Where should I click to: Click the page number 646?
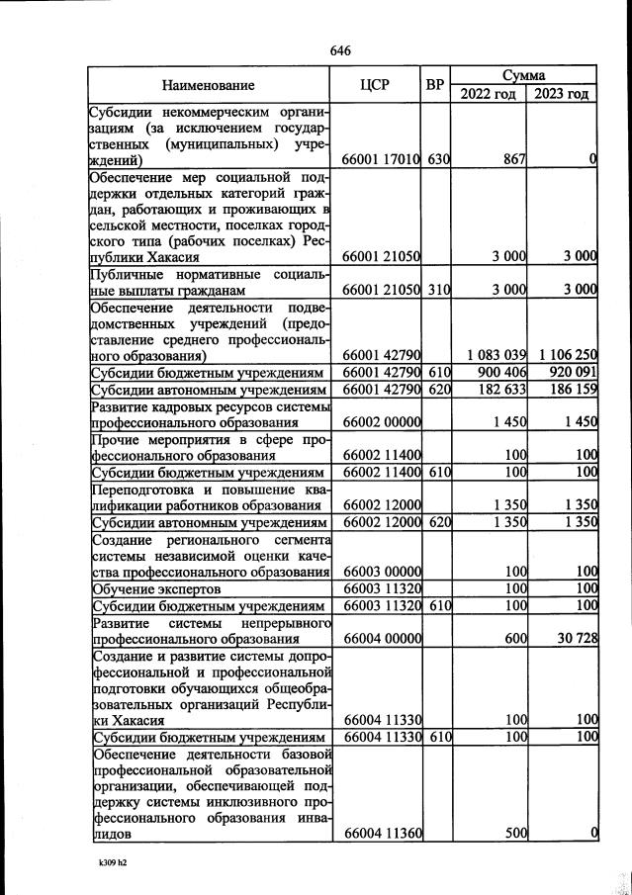point(340,50)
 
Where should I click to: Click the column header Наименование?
point(209,85)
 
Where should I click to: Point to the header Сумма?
point(524,74)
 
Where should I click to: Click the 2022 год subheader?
point(488,94)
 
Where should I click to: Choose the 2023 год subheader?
point(562,94)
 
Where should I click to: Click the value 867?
point(512,159)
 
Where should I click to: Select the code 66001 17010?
point(382,159)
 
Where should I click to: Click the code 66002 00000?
point(382,422)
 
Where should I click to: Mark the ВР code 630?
point(438,159)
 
